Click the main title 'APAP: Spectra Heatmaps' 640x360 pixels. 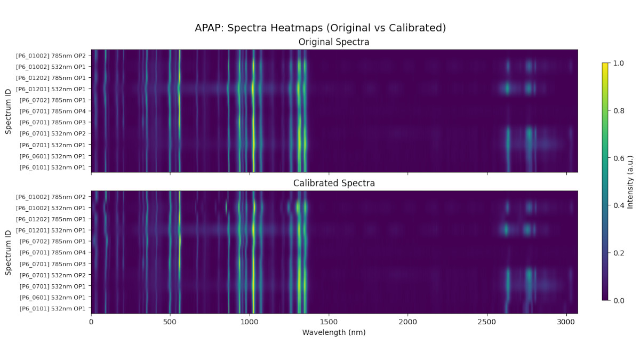[320, 28]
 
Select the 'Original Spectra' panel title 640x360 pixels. [334, 42]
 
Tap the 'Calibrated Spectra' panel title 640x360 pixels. [334, 183]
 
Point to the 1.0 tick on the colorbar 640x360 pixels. [618, 63]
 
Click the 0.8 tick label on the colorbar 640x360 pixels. [618, 110]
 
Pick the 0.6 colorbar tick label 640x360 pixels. [618, 158]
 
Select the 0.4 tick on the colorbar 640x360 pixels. [618, 205]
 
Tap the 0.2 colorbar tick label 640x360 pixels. [618, 253]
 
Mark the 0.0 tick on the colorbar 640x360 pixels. [618, 300]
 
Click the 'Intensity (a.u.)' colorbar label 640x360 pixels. [630, 182]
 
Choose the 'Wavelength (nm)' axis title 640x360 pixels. [334, 332]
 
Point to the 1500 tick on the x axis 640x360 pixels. [329, 322]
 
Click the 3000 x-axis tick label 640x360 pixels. [566, 322]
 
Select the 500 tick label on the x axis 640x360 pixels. [170, 322]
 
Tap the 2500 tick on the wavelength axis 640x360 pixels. [487, 322]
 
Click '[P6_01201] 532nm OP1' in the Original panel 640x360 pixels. [51, 89]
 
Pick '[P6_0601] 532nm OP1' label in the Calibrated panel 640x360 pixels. [52, 298]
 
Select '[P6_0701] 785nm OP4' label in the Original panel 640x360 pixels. [52, 111]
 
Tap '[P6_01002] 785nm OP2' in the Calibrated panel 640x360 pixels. [51, 197]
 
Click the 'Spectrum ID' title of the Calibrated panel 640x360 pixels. [8, 252]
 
